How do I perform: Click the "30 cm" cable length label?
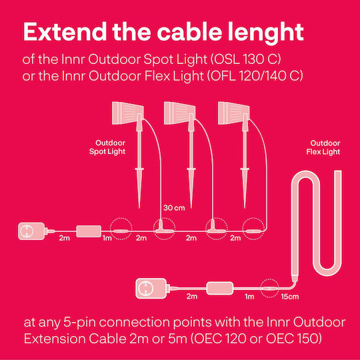click(x=174, y=208)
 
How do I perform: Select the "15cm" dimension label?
click(x=290, y=297)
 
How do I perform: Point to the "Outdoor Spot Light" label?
click(x=107, y=147)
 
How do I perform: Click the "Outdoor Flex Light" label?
click(x=323, y=147)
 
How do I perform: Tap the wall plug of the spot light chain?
click(x=31, y=231)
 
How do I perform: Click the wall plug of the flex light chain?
click(x=151, y=289)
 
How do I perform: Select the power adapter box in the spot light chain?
click(x=89, y=231)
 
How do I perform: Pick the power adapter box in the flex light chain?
click(x=220, y=289)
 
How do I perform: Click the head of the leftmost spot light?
click(x=127, y=113)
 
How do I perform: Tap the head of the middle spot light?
click(x=179, y=113)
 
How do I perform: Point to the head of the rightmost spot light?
click(x=233, y=113)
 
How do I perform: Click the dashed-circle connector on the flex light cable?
click(x=270, y=289)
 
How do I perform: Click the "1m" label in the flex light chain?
click(x=249, y=297)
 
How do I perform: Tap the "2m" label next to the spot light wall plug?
click(x=64, y=238)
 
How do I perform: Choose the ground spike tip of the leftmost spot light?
click(x=139, y=208)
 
